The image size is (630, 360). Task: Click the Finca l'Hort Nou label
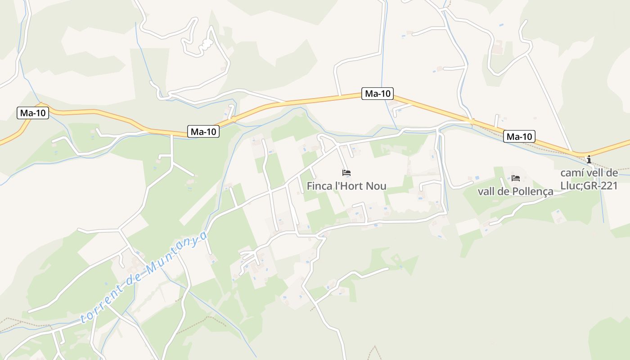click(x=346, y=186)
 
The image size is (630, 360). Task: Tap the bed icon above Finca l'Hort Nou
click(x=346, y=173)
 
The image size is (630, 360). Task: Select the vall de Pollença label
click(x=515, y=192)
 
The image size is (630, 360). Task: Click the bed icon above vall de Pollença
click(x=516, y=179)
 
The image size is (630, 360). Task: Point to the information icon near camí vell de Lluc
click(x=589, y=159)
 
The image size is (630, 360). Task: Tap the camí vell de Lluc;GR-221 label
click(x=589, y=179)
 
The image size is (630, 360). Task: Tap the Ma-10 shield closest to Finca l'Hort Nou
click(x=378, y=94)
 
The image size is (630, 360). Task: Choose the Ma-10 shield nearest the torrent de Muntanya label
click(x=203, y=132)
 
